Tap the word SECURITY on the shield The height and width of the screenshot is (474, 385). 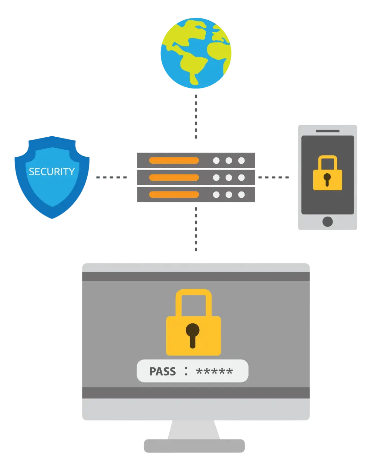[52, 171]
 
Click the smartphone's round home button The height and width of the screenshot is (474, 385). [327, 221]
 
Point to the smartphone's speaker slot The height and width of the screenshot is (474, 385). [327, 131]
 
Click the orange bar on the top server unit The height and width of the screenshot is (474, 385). [174, 161]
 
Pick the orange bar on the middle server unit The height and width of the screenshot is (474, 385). [174, 178]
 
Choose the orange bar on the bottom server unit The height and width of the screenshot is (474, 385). [174, 194]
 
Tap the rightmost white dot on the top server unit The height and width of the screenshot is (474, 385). [242, 161]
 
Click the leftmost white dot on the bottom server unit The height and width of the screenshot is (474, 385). [216, 195]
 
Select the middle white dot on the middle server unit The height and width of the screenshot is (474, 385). [229, 178]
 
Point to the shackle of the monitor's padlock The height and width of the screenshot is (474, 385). [193, 300]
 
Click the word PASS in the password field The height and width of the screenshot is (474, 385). [162, 371]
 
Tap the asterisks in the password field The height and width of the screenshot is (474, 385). [215, 371]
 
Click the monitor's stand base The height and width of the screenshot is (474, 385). [194, 445]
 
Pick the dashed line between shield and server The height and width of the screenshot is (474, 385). [111, 178]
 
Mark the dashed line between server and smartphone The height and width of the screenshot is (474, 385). [274, 178]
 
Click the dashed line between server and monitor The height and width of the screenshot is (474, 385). [195, 228]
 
